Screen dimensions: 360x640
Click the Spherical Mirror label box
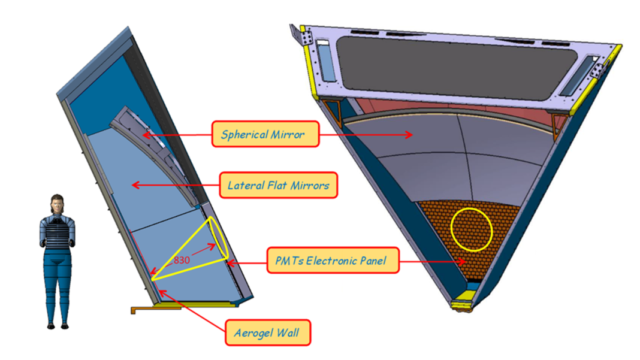[x=265, y=134]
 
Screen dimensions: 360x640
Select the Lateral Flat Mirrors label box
[x=278, y=185]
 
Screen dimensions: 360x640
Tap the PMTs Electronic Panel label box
[x=331, y=261]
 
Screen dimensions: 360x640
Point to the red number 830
[x=182, y=260]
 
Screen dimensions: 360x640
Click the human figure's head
[x=57, y=204]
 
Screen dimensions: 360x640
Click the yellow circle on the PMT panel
[x=471, y=229]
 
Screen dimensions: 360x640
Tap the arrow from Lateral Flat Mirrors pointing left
[x=174, y=186]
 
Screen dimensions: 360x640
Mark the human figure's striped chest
[x=57, y=233]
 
